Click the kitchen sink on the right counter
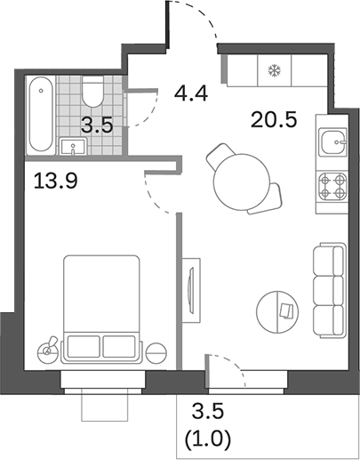click(x=332, y=142)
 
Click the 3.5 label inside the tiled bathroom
click(x=94, y=125)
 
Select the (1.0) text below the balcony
click(x=205, y=440)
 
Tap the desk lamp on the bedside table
click(x=48, y=346)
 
